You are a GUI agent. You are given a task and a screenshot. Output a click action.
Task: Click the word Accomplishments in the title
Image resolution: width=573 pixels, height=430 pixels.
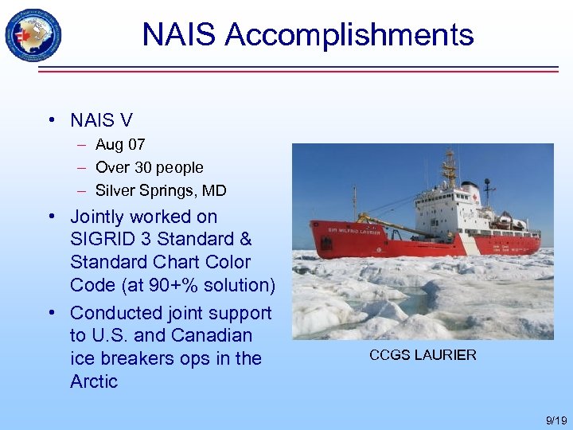(349, 35)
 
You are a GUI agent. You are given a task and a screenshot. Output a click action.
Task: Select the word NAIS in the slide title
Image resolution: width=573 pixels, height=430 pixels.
(179, 35)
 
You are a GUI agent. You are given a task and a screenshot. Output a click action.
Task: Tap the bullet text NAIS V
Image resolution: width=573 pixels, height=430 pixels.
(101, 120)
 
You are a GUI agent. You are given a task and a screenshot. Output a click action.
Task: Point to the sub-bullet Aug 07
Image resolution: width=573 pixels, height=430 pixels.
(120, 145)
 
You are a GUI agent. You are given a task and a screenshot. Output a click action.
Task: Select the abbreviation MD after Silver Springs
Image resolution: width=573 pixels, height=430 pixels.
(216, 191)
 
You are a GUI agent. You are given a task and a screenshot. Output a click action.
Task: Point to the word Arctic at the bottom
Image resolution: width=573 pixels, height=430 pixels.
(94, 381)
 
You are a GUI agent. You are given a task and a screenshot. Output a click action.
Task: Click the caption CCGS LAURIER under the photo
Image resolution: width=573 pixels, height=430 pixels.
(423, 355)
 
